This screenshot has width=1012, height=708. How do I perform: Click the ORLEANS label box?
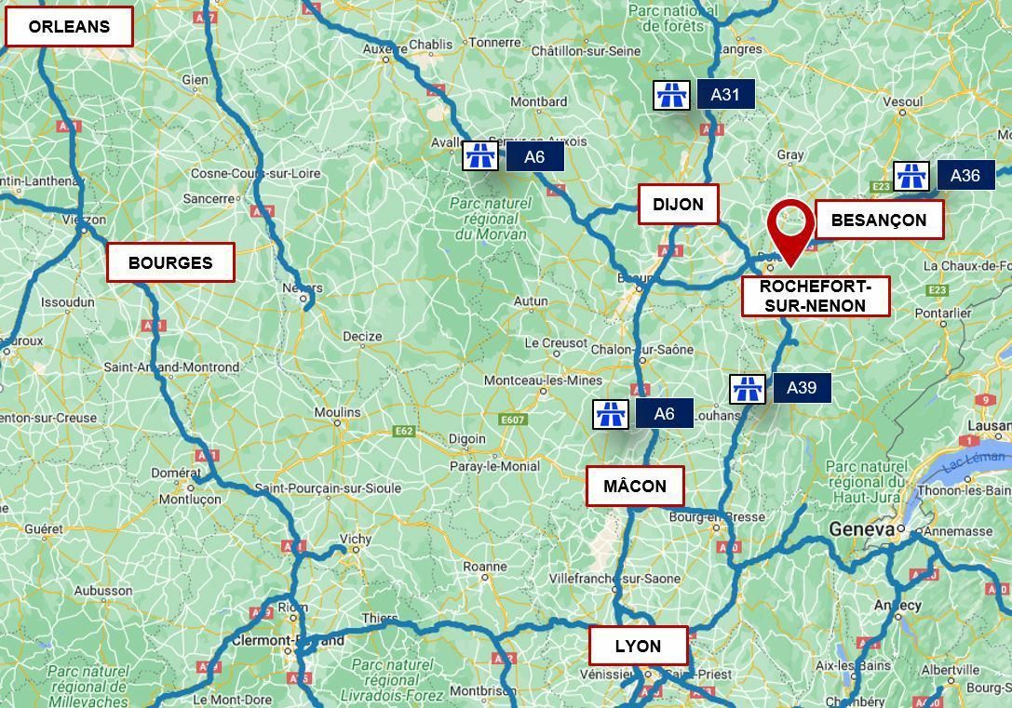69,27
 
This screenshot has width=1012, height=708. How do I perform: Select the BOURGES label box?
170,262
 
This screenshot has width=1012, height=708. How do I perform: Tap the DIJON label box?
678,205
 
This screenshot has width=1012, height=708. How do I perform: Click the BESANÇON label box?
879,220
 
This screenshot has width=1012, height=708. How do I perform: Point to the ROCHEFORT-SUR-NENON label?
815,296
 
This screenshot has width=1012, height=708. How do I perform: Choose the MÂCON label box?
635,486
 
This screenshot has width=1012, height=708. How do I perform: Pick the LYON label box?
638,646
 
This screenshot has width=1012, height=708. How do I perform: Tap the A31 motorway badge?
725,94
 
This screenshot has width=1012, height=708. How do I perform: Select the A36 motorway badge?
965,175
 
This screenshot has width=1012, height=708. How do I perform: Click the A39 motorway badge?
802,388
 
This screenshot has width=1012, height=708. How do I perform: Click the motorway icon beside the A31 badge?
671,95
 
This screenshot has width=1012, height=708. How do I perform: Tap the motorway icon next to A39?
747,389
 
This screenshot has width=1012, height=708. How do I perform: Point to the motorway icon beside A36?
911,176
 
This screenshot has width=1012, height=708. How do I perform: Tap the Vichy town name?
356,539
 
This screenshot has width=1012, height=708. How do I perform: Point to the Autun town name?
531,301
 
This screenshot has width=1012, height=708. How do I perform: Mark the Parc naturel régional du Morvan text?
491,219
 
